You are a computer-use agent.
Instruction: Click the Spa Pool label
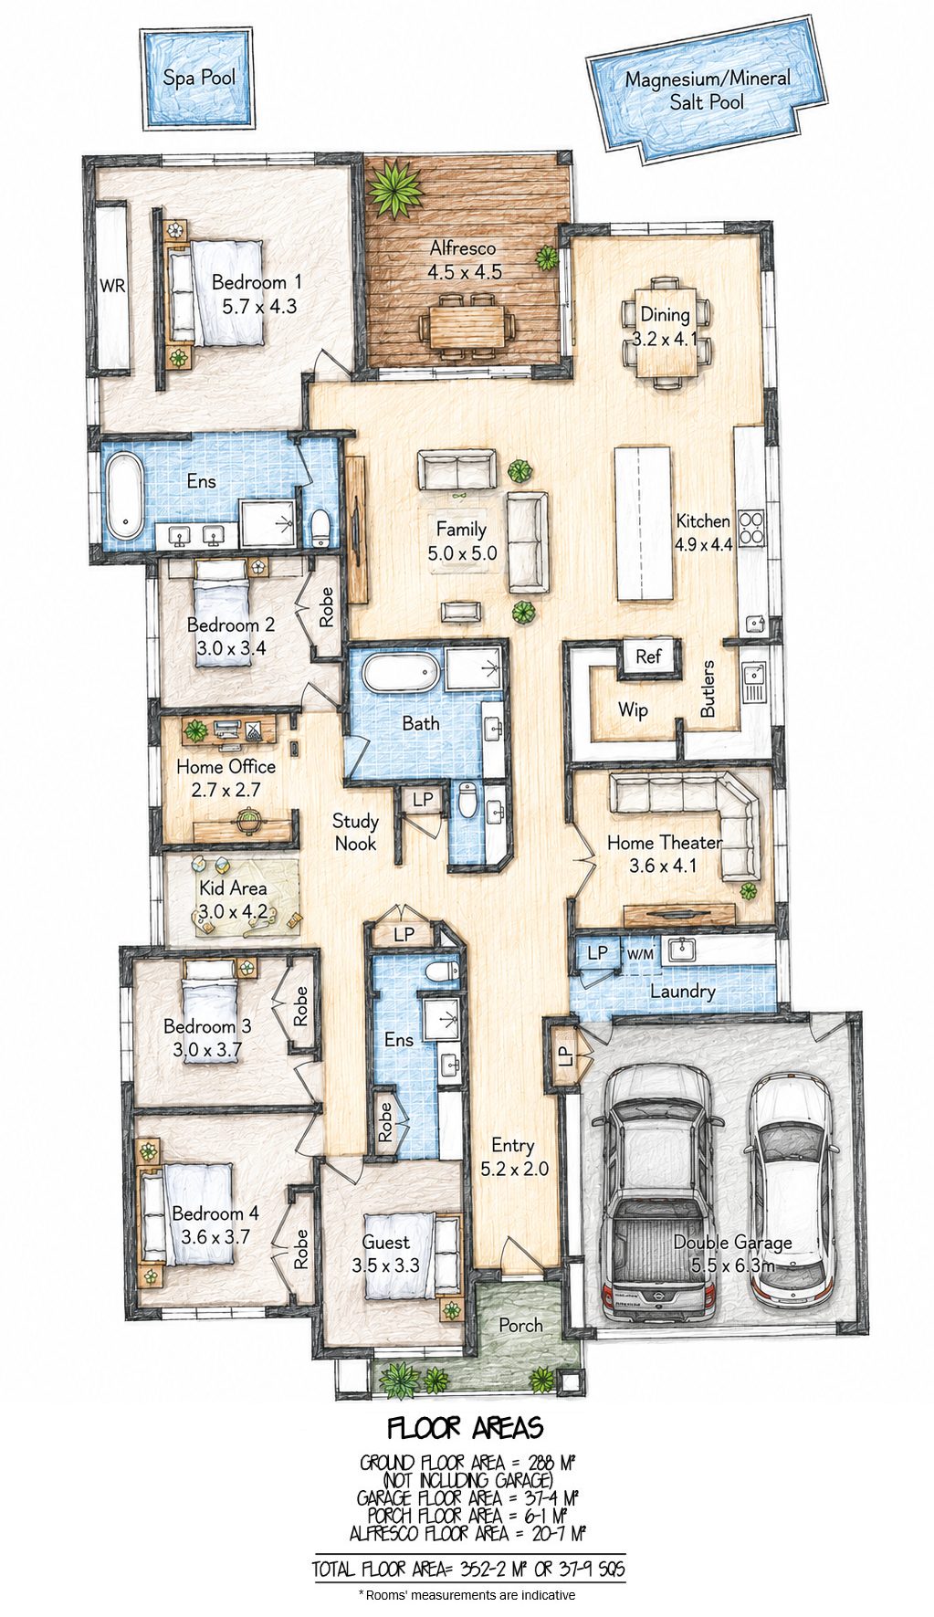pyautogui.click(x=199, y=78)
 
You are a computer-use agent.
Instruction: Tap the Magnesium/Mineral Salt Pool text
pyautogui.click(x=708, y=90)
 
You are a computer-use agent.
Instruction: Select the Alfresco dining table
pyautogui.click(x=467, y=325)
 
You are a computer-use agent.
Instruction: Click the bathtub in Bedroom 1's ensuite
pyautogui.click(x=122, y=497)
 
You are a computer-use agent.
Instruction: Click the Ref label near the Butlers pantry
pyautogui.click(x=648, y=656)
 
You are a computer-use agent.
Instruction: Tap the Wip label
pyautogui.click(x=633, y=709)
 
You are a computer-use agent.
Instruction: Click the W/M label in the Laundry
pyautogui.click(x=640, y=954)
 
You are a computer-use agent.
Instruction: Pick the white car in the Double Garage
pyautogui.click(x=792, y=1189)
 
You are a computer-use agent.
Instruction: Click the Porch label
pyautogui.click(x=520, y=1325)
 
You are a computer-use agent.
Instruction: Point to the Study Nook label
pyautogui.click(x=355, y=832)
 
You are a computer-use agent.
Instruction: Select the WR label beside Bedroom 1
pyautogui.click(x=112, y=286)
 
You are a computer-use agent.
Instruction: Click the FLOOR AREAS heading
pyautogui.click(x=466, y=1428)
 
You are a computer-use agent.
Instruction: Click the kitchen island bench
pyautogui.click(x=644, y=522)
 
